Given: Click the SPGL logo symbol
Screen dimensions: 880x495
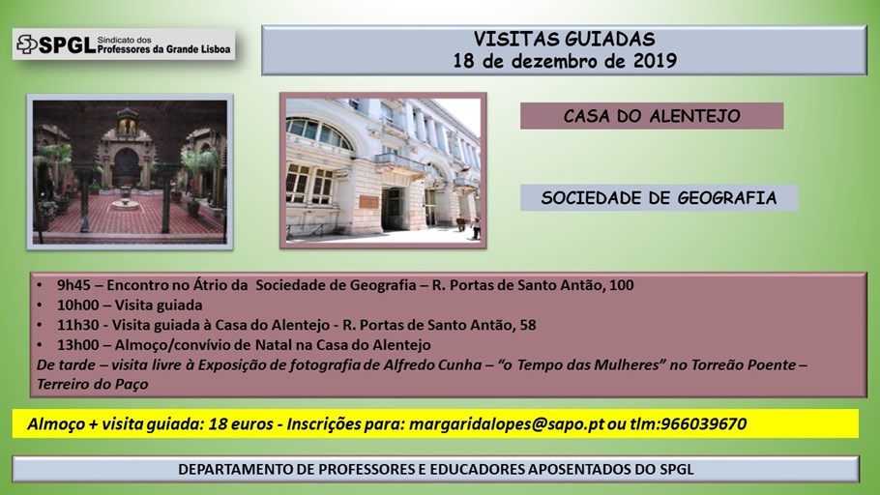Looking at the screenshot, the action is [27, 44].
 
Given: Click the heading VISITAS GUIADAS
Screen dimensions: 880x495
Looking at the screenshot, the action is [564, 39].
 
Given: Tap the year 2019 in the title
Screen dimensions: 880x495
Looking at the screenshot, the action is [655, 61].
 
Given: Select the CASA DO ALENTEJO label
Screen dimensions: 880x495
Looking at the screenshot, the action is [652, 116].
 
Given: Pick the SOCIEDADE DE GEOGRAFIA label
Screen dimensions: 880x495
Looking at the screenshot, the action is [659, 197].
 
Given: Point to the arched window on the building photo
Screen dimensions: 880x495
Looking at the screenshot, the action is [318, 133].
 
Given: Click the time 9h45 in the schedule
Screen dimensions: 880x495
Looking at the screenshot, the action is [73, 285].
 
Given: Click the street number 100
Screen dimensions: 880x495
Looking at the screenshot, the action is [621, 285].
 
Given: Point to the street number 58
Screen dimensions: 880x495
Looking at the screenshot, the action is [528, 325].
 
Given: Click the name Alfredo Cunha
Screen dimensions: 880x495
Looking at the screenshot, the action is [432, 364].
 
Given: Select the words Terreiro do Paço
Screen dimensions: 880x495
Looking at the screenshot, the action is [93, 385].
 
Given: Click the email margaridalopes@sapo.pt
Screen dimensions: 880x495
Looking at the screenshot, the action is [506, 424].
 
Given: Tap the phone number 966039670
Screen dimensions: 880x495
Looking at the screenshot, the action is [704, 423].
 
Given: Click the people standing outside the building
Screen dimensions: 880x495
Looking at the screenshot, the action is [469, 227].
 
